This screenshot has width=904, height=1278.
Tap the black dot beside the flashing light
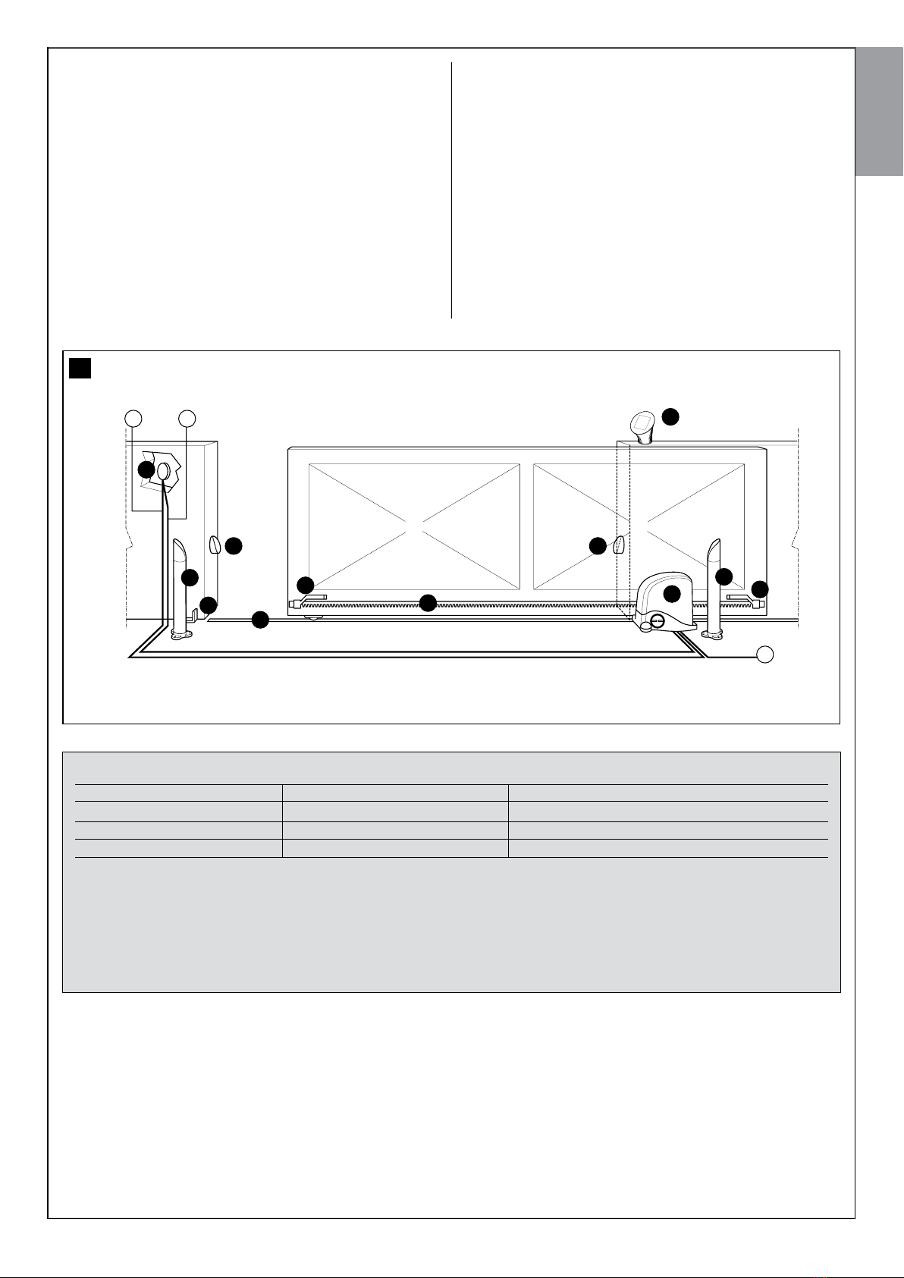tap(670, 416)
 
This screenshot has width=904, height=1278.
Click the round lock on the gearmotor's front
tap(658, 622)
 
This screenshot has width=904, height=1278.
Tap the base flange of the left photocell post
tap(179, 635)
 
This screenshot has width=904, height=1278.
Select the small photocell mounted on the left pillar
tap(213, 545)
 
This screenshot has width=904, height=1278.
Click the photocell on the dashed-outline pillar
tap(619, 545)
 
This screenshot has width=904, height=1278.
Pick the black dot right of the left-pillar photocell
tap(234, 545)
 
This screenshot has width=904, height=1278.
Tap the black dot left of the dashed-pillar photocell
tap(598, 545)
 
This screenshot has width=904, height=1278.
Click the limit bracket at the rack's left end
tap(312, 599)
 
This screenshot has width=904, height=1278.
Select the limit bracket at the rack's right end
tap(740, 598)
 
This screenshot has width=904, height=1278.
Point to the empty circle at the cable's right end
tap(766, 655)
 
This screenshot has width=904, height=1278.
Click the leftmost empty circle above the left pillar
tap(133, 417)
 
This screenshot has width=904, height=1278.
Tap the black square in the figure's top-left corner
tap(80, 369)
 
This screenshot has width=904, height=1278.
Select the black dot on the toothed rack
tap(428, 603)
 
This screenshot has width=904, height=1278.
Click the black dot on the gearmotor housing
tap(671, 594)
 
